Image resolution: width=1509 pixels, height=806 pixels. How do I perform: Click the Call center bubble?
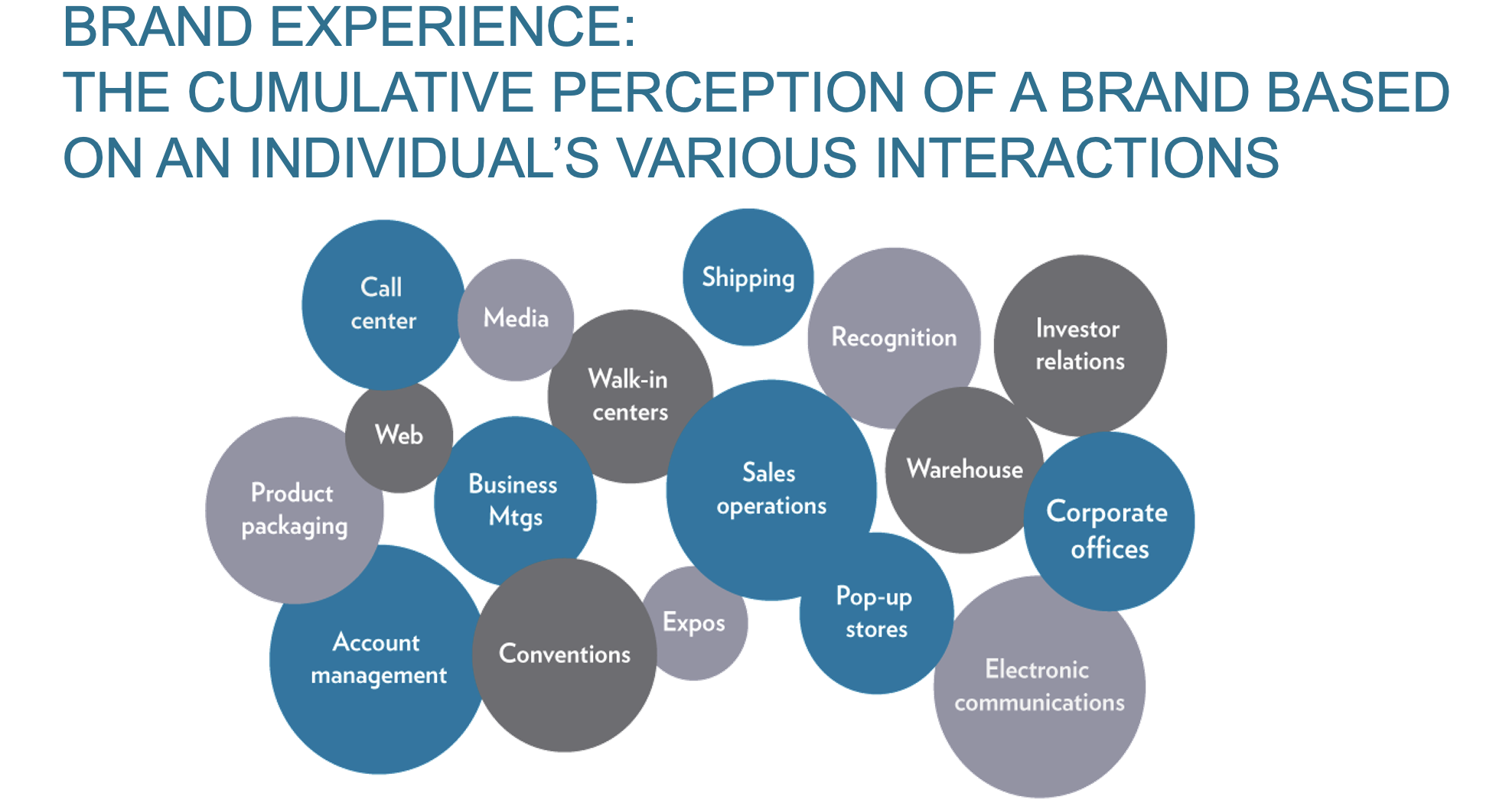[383, 305]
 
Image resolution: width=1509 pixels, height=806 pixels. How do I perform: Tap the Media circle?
[516, 320]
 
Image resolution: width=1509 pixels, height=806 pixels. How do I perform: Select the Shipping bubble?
[748, 277]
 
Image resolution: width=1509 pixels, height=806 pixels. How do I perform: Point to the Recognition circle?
[894, 338]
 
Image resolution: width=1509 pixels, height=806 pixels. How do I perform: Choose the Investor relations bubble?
[1080, 346]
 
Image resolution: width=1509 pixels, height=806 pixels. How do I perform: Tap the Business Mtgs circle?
[515, 501]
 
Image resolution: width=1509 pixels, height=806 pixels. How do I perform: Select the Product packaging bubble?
[295, 510]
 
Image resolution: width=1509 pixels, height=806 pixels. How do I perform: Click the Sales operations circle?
[771, 490]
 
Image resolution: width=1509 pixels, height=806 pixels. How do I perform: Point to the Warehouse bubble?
[964, 470]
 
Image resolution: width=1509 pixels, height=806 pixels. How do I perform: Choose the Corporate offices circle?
[1109, 522]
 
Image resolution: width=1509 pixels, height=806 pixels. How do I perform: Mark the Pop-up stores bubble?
[876, 613]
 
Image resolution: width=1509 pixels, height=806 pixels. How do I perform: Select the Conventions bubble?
[565, 655]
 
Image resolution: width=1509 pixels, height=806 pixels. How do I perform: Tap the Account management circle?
[379, 659]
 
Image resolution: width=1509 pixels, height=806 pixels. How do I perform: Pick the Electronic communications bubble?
[1039, 687]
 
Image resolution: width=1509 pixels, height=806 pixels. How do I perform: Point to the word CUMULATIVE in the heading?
[360, 93]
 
